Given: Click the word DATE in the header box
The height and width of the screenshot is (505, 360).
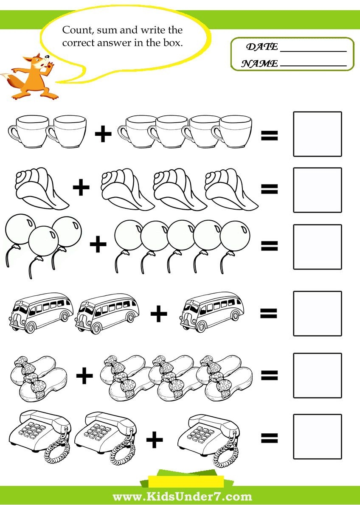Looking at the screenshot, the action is coord(262,47).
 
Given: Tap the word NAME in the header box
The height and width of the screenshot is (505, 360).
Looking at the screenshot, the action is coord(259,64).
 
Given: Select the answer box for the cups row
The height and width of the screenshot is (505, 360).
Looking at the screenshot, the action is coord(318,134).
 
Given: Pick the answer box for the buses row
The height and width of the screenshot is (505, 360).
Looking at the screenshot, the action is coord(318,313).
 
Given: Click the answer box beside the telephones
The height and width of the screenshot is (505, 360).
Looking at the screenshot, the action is coord(318,436).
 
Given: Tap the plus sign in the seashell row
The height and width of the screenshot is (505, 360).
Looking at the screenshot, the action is coord(81,187).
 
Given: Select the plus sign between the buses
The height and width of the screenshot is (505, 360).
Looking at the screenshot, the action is coord(159,313).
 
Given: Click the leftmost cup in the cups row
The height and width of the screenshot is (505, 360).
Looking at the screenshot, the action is coord(29,132).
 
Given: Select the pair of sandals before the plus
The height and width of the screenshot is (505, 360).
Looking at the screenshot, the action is coord(39,377).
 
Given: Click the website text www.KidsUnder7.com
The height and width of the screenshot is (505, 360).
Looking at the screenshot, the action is coord(182,496).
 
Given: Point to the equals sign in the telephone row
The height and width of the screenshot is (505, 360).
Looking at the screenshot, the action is coord(269,438).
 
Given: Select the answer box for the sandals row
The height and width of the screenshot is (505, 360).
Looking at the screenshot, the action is coord(318,376).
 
